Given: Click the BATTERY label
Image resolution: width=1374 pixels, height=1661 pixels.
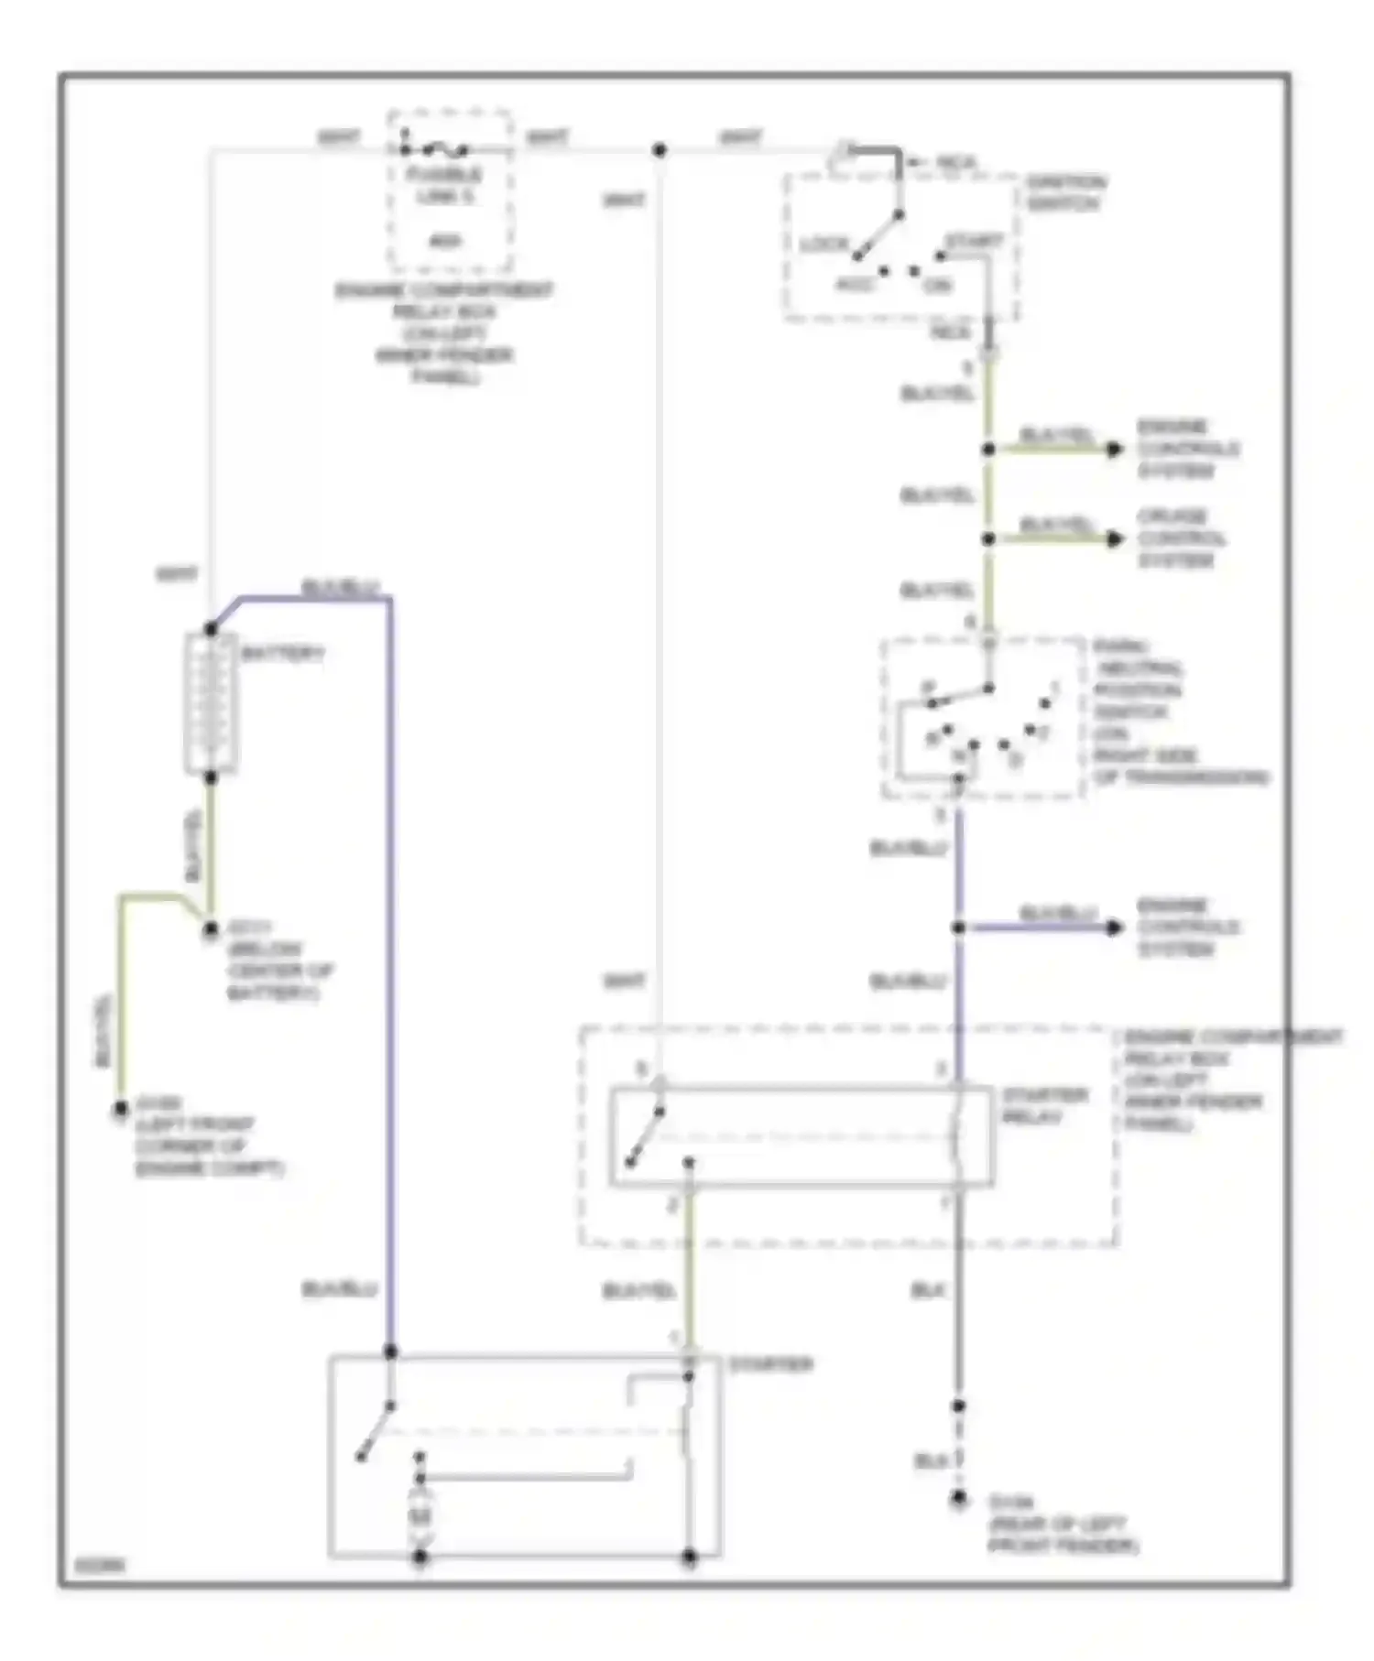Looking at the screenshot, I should point(282,654).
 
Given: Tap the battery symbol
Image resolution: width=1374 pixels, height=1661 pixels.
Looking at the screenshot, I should point(211,703).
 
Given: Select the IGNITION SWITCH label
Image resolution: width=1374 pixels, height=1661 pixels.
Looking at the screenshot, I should point(1065,193).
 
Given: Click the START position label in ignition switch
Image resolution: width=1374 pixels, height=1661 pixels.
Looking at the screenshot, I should point(975,242).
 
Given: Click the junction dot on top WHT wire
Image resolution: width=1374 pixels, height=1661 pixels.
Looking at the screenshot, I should point(660,150).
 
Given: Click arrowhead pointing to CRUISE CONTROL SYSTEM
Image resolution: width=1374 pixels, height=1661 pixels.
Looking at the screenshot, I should point(1114,538).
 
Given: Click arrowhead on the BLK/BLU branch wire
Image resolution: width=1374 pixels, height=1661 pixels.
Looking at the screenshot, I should point(1114,928).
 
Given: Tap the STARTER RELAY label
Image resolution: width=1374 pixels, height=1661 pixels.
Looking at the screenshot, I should point(1044,1106).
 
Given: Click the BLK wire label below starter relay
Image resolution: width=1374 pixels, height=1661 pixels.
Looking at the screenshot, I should point(928,1290).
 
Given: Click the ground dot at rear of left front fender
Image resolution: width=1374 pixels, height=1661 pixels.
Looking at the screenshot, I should point(958,1499).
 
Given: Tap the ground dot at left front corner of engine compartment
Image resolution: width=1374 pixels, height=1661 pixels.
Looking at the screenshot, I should point(120,1109).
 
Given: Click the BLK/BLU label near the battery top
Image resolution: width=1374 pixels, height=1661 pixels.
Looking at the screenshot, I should point(340,587).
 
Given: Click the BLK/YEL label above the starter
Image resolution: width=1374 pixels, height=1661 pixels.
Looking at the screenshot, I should point(639,1291).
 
